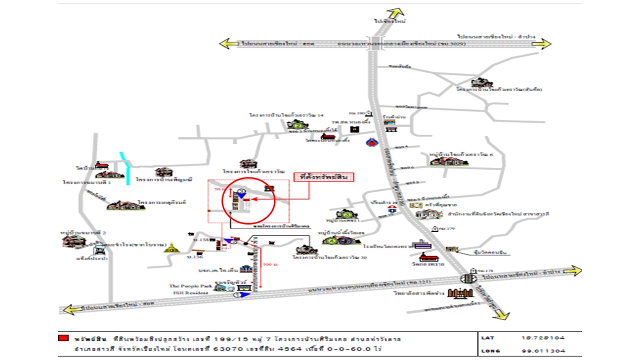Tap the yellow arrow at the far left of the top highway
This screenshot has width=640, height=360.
coord(229,43)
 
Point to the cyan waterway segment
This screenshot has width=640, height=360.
coord(125,168)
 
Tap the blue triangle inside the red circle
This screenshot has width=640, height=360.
coord(241,194)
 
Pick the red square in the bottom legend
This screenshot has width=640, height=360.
coord(62,338)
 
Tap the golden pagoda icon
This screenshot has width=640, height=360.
coord(171,247)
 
